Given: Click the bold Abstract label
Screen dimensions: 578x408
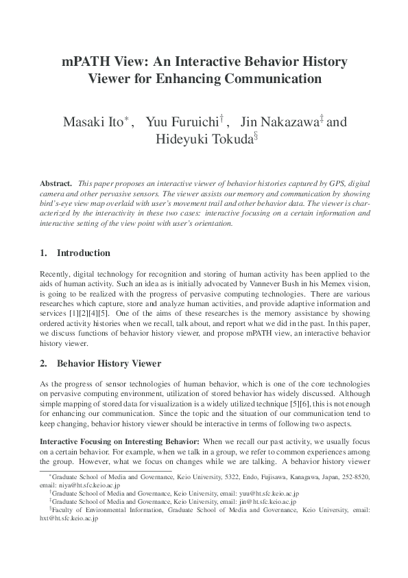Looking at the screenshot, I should click(x=56, y=185).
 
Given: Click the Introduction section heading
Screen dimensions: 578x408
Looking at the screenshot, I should click(x=83, y=253).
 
